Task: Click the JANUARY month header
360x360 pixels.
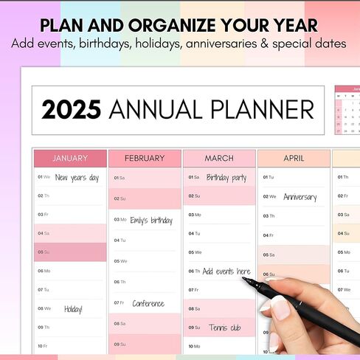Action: point(70,158)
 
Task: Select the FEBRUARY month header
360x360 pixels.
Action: point(145,158)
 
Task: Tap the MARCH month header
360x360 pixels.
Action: point(219,158)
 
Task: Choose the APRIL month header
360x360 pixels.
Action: point(294,158)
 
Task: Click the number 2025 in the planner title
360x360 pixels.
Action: point(71,111)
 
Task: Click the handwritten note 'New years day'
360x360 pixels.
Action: point(77,178)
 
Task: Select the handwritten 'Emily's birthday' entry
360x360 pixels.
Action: point(151,220)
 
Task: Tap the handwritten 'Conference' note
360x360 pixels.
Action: point(148,303)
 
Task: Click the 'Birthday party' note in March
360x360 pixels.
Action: point(226,178)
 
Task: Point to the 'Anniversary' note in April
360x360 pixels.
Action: point(300,197)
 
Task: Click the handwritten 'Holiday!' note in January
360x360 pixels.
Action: point(74,309)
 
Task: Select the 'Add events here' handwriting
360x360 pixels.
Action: point(226,271)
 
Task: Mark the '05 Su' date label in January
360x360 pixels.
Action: point(44,252)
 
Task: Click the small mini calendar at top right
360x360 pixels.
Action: point(347,111)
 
